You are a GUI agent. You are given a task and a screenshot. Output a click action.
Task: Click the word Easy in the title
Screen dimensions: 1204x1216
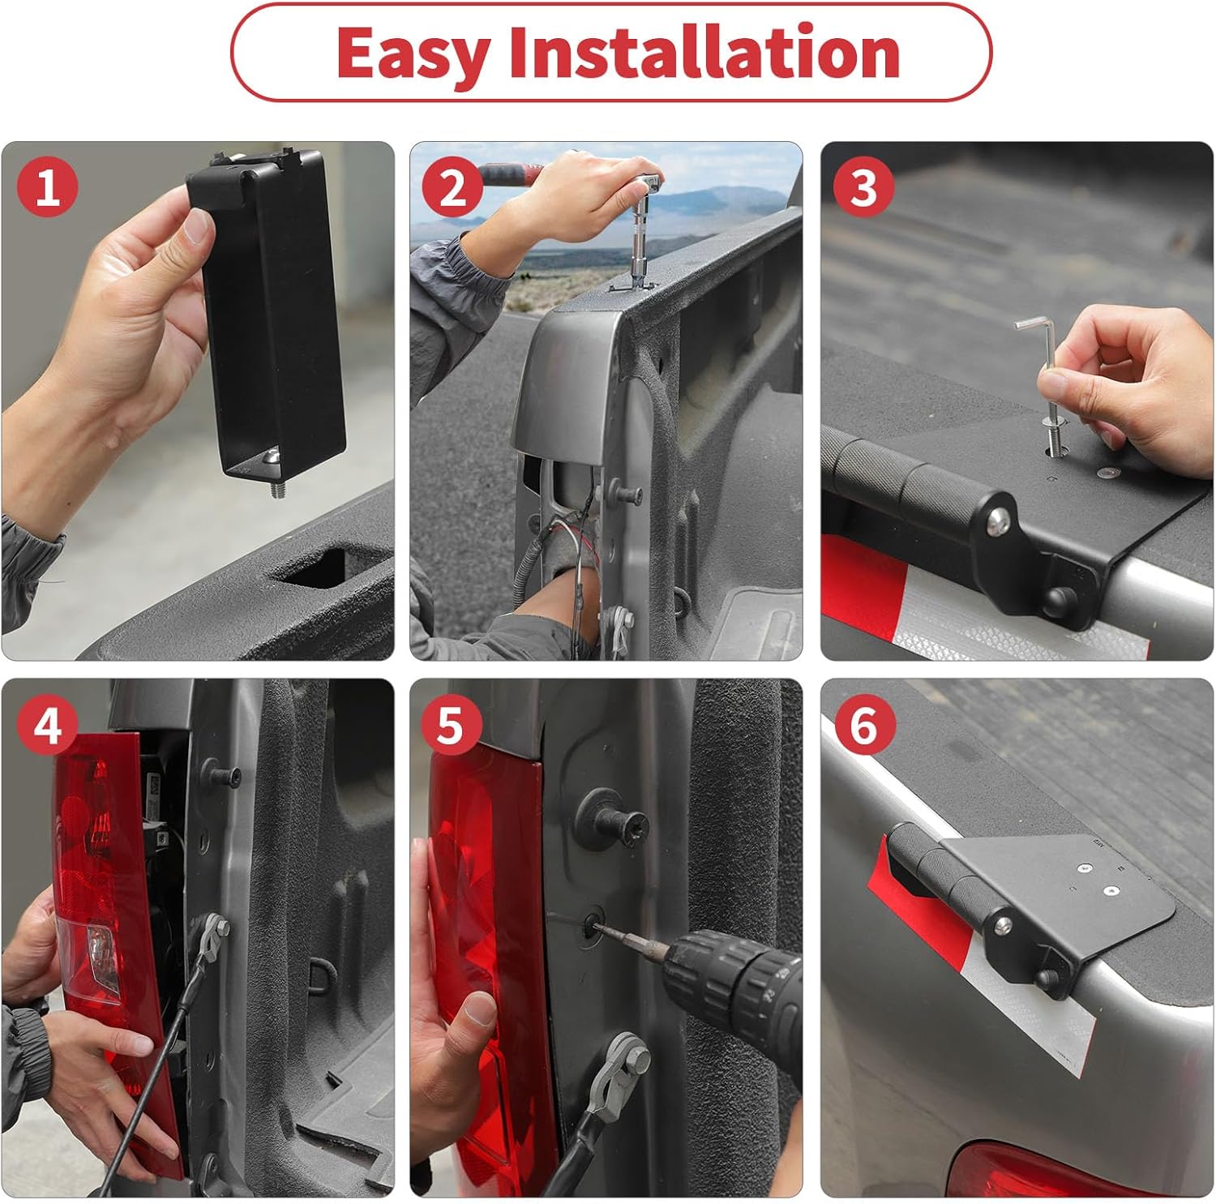413,54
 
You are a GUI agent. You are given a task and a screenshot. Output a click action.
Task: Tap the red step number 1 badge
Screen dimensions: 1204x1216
48,187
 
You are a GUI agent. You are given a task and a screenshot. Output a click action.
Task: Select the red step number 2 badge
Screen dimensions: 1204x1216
452,187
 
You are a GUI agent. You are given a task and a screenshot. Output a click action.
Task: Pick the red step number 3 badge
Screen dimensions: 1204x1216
863,187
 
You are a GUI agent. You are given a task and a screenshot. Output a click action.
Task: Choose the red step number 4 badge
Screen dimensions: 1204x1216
48,724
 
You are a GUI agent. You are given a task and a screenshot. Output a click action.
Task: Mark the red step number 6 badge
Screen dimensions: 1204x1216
863,724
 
